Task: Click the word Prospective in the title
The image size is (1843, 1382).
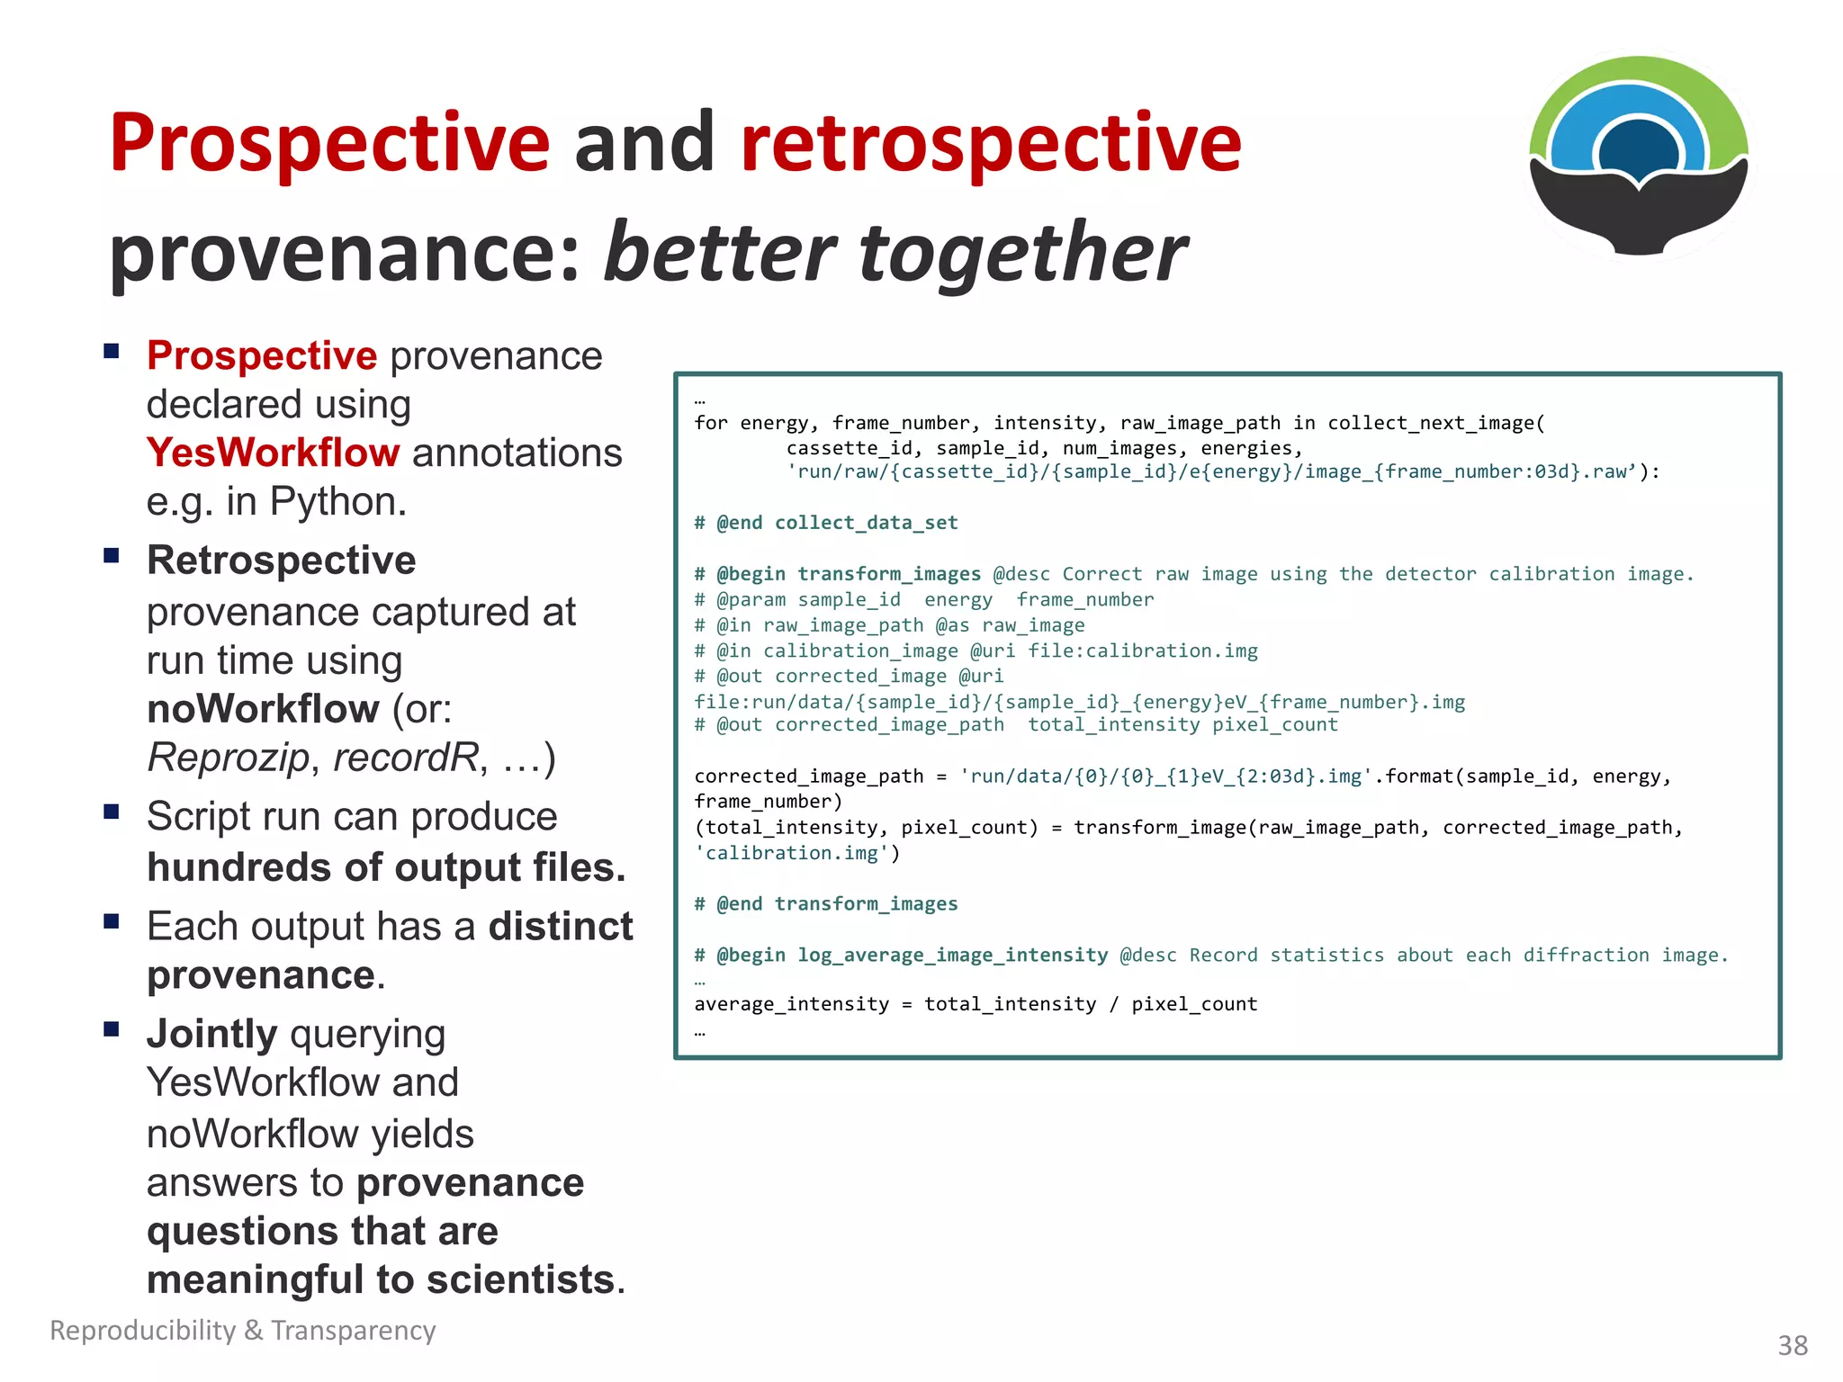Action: click(x=329, y=144)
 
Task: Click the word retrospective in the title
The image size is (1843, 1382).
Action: click(x=990, y=144)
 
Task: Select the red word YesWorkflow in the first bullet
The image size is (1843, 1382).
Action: click(x=273, y=453)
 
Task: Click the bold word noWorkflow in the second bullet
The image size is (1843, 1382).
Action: click(x=263, y=709)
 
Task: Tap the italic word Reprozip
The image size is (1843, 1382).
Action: click(x=229, y=758)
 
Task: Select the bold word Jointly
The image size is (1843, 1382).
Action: click(x=211, y=1034)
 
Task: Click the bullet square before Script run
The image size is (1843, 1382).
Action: click(x=112, y=812)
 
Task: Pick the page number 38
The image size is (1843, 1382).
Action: click(x=1792, y=1345)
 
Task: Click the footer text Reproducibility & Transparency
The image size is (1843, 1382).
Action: click(x=243, y=1330)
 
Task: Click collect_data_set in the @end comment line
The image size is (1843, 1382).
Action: click(x=866, y=523)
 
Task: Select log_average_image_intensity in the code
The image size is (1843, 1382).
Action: click(x=952, y=955)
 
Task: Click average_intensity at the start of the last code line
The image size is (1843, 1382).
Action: click(x=791, y=1004)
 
